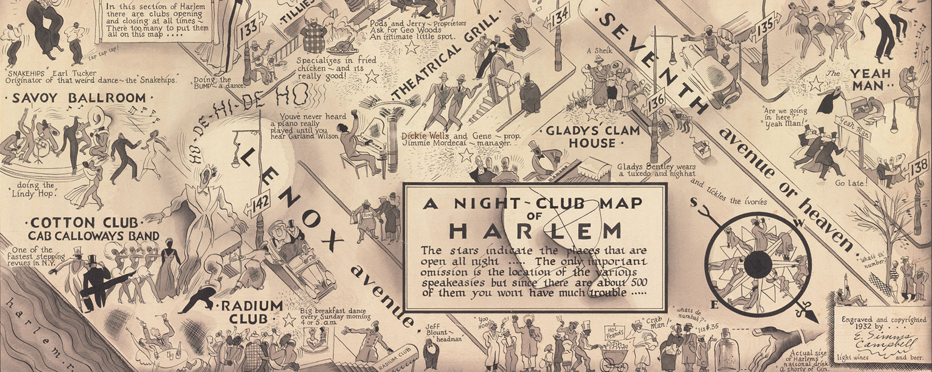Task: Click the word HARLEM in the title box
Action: point(534,230)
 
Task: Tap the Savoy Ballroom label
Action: point(79,98)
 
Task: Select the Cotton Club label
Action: point(84,223)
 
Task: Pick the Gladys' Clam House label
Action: point(593,137)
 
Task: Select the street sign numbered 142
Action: point(260,203)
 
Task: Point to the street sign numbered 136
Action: point(656,101)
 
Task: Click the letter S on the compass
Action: point(693,203)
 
